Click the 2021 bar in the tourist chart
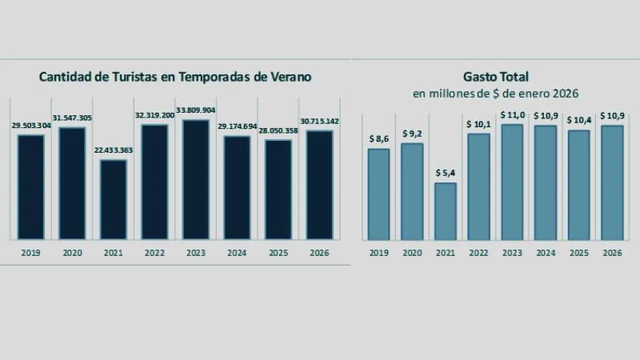click(114, 199)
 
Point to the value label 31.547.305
click(72, 118)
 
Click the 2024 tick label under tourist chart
click(237, 253)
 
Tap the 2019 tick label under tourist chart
click(31, 253)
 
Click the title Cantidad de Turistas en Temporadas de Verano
click(175, 78)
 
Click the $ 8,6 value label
click(378, 139)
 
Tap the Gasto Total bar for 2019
click(378, 194)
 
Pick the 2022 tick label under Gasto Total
click(478, 253)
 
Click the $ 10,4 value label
click(578, 120)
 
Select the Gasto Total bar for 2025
click(578, 185)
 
